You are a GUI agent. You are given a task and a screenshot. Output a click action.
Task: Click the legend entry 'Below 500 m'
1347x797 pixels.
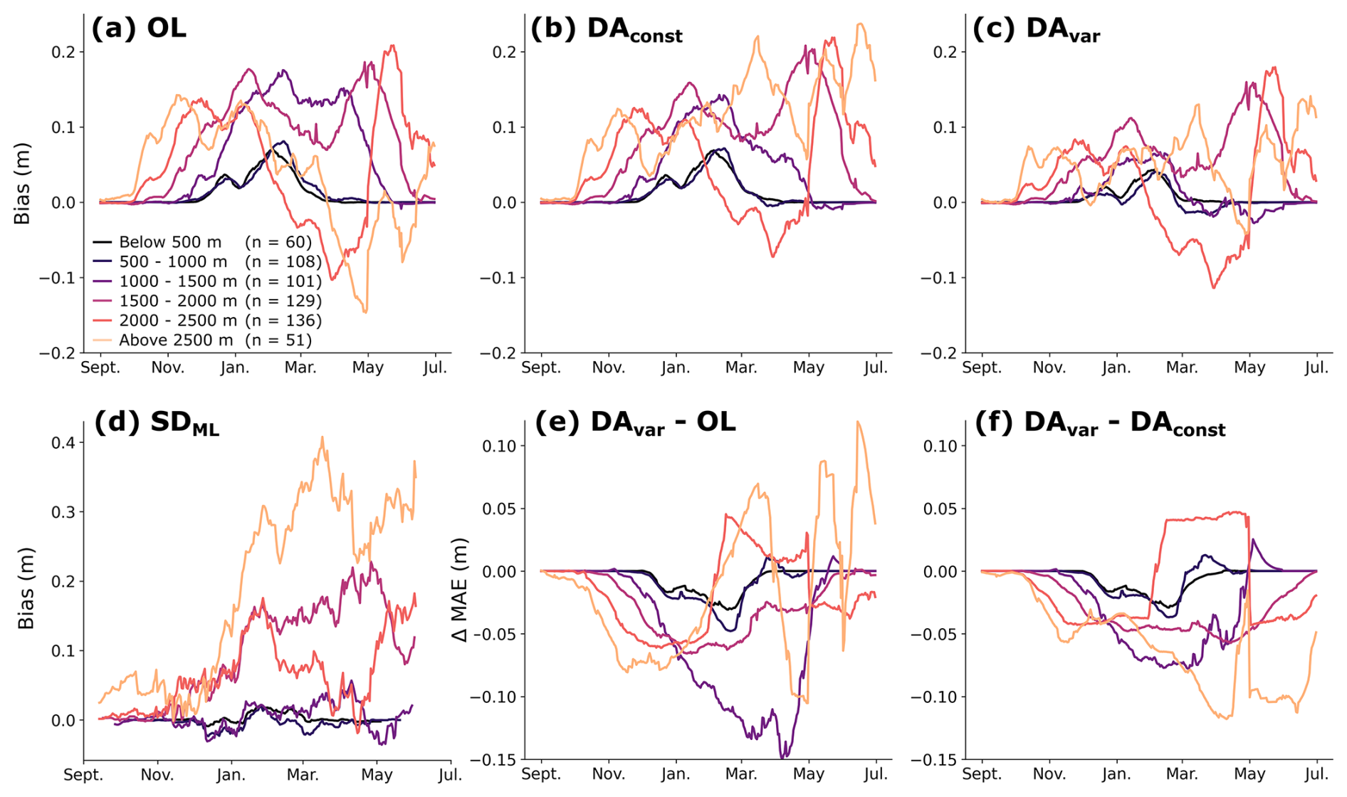[170, 242]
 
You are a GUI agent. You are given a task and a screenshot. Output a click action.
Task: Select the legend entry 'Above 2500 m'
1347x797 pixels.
[176, 340]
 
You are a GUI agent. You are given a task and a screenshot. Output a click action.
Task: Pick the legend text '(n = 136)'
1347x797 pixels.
[283, 321]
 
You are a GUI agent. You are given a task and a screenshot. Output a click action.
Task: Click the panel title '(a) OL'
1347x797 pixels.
[139, 28]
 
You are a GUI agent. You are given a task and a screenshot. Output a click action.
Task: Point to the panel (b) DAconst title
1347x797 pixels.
[607, 30]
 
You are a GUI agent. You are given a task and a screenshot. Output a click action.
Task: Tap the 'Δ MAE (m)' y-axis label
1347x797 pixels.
[461, 590]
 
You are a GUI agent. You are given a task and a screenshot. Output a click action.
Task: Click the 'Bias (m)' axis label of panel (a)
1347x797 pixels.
[23, 184]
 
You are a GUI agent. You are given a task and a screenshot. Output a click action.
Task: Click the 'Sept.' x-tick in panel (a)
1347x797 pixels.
[100, 368]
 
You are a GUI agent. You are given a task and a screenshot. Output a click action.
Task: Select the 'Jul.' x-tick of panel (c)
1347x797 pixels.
[1316, 368]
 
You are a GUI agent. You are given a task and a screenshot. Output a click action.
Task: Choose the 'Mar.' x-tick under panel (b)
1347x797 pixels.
[741, 368]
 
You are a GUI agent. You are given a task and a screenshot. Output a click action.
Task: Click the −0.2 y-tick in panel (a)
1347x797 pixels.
[56, 353]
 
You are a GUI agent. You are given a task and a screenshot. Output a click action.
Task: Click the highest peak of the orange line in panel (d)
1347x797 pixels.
[322, 437]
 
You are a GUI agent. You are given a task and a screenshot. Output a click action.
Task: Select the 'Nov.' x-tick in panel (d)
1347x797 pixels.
[157, 774]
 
